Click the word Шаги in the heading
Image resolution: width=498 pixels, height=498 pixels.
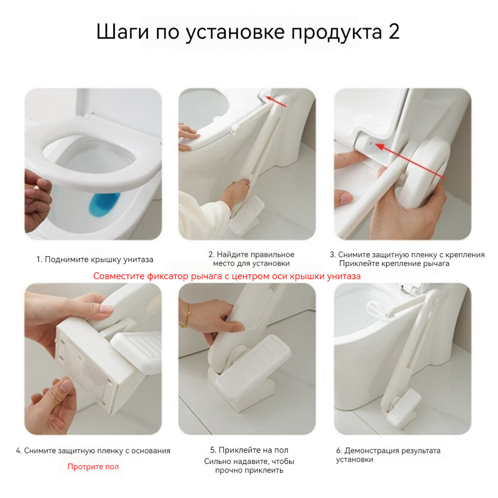pos(123,32)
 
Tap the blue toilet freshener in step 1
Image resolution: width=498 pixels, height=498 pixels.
pos(104,205)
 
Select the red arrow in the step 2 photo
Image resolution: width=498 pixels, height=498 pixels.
pos(276,101)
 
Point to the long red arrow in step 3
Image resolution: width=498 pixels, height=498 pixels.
pos(410,161)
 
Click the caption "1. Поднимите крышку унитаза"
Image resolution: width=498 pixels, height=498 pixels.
pos(95,260)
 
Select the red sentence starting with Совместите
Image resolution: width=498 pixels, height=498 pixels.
pos(227,276)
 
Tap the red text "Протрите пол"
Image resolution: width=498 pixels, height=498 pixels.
pos(93,466)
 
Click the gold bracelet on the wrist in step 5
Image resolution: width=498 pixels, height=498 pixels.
pos(186,315)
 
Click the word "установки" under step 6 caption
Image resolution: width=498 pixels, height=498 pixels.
pos(355,460)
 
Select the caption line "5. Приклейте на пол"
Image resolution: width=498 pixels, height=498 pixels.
pos(249,450)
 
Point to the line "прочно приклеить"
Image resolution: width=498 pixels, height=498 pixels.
pos(249,470)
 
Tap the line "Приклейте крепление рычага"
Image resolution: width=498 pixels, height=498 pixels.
pos(394,264)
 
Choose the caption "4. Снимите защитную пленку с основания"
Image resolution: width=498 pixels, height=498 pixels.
pos(93,451)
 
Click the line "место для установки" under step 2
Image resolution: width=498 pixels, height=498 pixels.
pos(251,263)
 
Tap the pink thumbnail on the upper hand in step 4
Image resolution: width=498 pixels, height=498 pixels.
pos(106,308)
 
